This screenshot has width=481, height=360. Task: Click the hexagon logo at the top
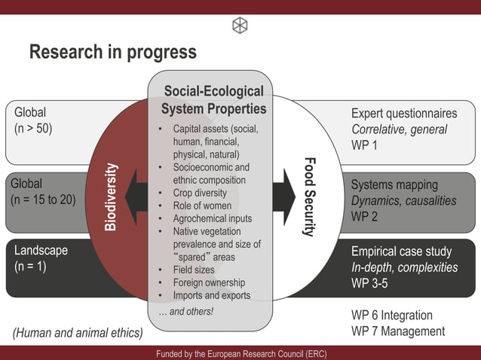[240, 25]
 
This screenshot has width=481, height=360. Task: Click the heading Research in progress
[112, 52]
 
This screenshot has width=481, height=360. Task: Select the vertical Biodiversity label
[111, 197]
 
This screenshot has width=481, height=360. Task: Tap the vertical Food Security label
[308, 197]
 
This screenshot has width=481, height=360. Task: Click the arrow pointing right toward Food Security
[284, 192]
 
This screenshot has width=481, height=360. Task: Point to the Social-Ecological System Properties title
[213, 100]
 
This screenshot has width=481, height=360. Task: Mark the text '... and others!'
[186, 311]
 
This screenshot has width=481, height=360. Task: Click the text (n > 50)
[33, 129]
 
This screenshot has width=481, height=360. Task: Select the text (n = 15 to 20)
[44, 200]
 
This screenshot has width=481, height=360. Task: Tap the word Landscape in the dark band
[41, 250]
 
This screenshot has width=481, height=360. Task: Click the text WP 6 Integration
[392, 315]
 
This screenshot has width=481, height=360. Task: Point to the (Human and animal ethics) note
[78, 331]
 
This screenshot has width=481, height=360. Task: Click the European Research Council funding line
[241, 353]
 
